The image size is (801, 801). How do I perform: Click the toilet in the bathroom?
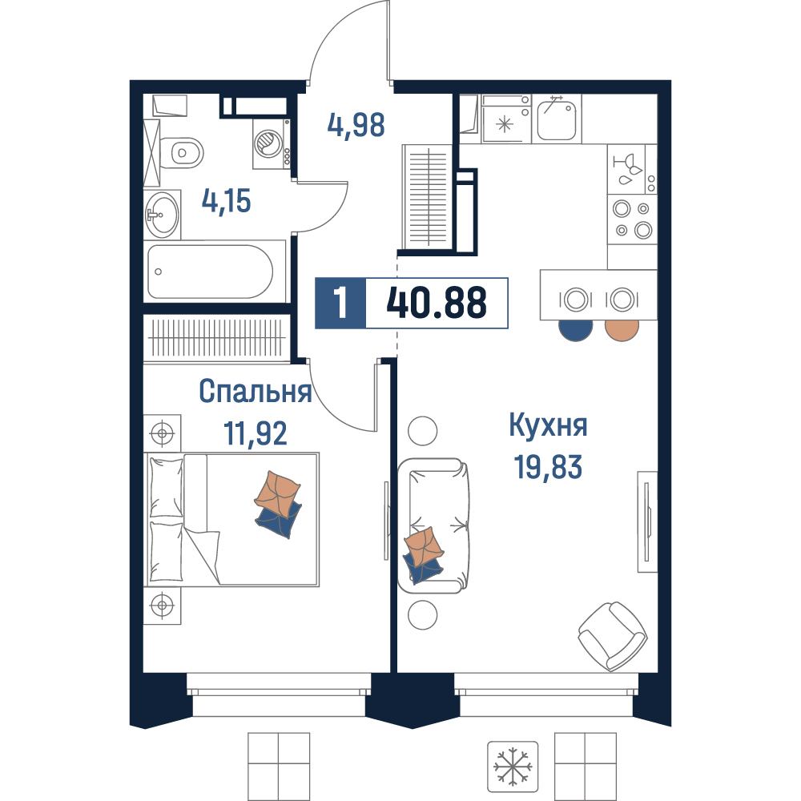[x=182, y=152]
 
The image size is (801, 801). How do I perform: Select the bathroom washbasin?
[x=163, y=215]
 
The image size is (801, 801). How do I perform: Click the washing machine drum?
[x=268, y=143]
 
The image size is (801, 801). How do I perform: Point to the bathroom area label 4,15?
[x=227, y=201]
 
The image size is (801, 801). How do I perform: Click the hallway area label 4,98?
[x=356, y=125]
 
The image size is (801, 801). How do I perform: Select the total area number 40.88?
[x=437, y=303]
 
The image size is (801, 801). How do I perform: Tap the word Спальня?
[x=256, y=392]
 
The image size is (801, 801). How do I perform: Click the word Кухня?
[x=548, y=425]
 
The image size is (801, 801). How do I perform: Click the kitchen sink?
[x=557, y=119]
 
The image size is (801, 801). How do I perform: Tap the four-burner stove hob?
[x=633, y=219]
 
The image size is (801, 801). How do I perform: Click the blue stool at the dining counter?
[x=576, y=329]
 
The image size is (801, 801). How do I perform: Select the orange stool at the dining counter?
[x=622, y=329]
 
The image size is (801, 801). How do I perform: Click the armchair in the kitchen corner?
[x=613, y=636]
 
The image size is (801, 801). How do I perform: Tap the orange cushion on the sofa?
[x=424, y=547]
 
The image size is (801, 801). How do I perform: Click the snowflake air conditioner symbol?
[x=513, y=767]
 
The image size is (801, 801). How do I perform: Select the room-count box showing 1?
[x=340, y=303]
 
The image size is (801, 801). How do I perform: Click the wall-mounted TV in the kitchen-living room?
[x=647, y=521]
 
